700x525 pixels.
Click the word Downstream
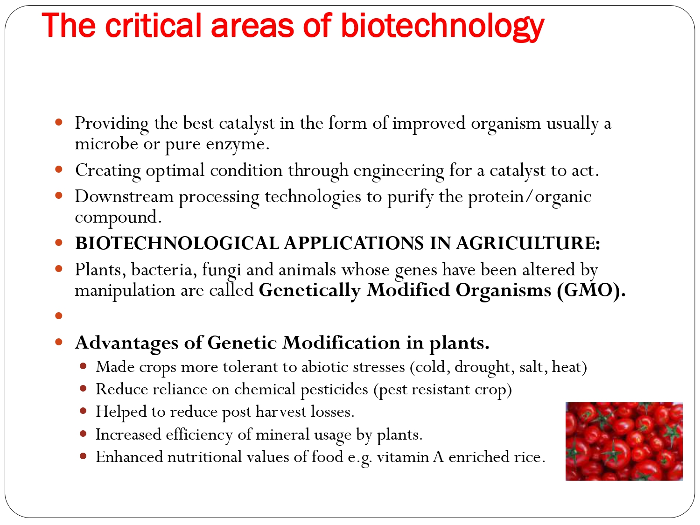(124, 196)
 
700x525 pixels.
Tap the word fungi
(222, 270)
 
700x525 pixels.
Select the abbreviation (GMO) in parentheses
(591, 290)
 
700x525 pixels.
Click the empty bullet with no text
(59, 316)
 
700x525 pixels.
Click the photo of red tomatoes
(624, 441)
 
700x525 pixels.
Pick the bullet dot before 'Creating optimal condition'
(59, 170)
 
